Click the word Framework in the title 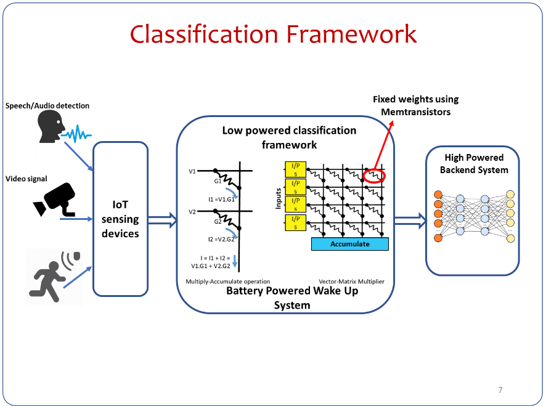(352, 34)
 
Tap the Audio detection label (62, 105)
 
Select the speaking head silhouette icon (49, 126)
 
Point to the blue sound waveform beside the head (78, 134)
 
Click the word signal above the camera (37, 179)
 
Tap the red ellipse (373, 176)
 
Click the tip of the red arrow (393, 121)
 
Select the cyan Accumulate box (349, 244)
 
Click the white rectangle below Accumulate (352, 261)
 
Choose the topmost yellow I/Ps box (295, 169)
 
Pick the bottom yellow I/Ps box (295, 222)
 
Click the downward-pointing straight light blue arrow (235, 261)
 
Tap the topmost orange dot (438, 195)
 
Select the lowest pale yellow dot (510, 238)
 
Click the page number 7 (500, 390)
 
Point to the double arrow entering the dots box (410, 219)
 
